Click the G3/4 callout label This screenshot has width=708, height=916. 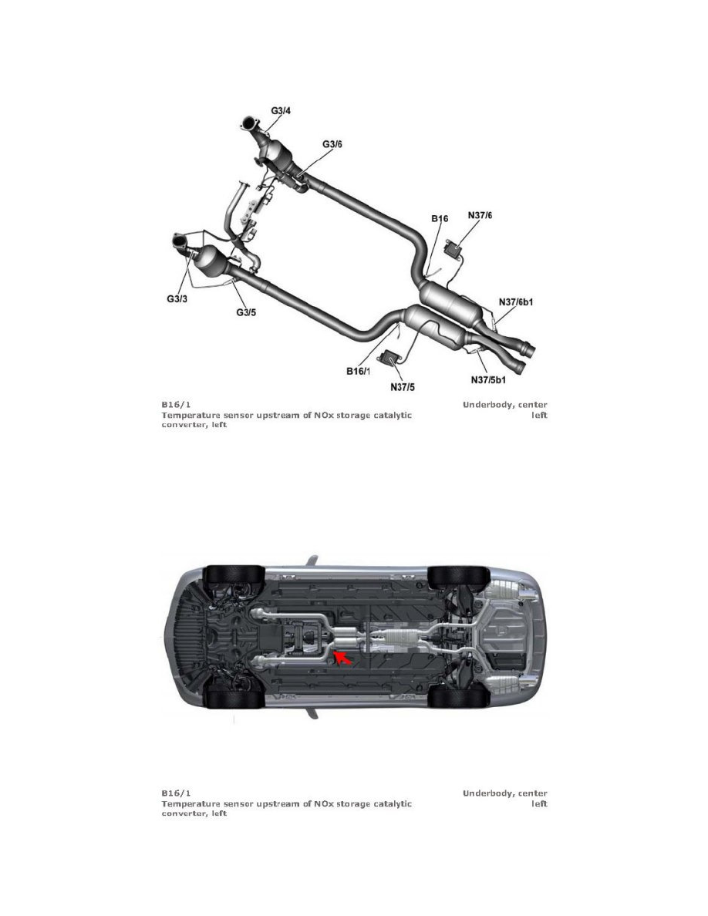pyautogui.click(x=281, y=109)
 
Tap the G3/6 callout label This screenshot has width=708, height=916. pyautogui.click(x=332, y=143)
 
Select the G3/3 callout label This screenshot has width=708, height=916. pyautogui.click(x=177, y=299)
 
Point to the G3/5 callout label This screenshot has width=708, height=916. pyautogui.click(x=246, y=312)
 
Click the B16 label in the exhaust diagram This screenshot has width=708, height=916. pyautogui.click(x=440, y=218)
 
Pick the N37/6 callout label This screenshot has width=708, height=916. pyautogui.click(x=480, y=215)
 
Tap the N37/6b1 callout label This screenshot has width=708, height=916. pyautogui.click(x=516, y=302)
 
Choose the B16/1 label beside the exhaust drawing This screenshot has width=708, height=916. pyautogui.click(x=358, y=371)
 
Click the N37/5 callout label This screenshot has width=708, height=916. pyautogui.click(x=403, y=386)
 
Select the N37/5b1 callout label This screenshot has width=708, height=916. pyautogui.click(x=488, y=379)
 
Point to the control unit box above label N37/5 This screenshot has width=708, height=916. pyautogui.click(x=389, y=356)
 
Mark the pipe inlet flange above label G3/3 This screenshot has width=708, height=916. pyautogui.click(x=181, y=241)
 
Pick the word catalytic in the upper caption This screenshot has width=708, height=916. pyautogui.click(x=393, y=415)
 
